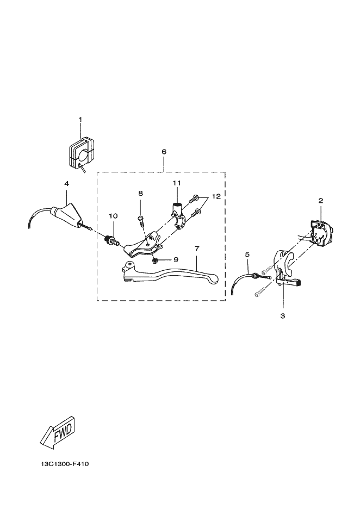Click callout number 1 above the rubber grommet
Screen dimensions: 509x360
80,119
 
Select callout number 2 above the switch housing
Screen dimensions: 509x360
321,201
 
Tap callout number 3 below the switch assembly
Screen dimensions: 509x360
283,315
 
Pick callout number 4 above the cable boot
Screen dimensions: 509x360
66,184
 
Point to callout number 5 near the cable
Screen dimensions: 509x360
247,254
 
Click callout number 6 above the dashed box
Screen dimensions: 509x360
164,152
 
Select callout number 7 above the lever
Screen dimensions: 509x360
196,248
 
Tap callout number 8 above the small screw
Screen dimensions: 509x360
140,193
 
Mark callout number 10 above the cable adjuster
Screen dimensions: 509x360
113,216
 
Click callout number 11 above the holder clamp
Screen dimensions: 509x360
176,182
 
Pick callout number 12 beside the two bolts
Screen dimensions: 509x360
216,196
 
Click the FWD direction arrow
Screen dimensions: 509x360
57,432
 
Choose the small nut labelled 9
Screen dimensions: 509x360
156,260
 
